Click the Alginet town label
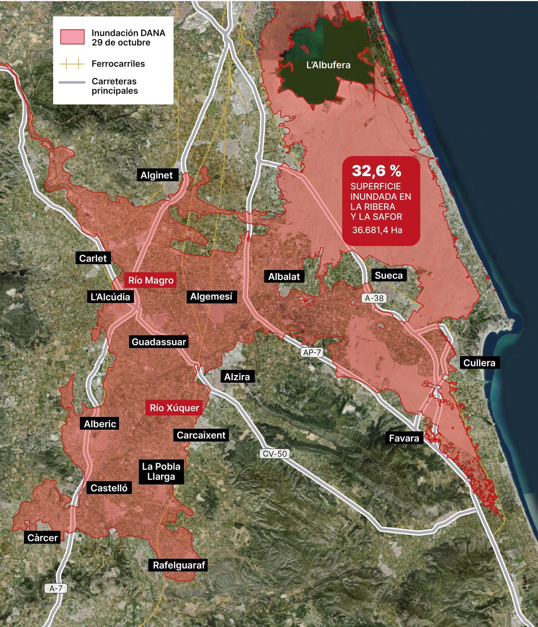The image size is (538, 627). coord(156,175)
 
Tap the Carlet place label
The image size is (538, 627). coord(93,258)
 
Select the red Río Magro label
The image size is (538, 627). coord(151,280)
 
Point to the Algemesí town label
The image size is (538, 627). coord(211,296)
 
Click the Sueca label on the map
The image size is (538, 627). coord(389,275)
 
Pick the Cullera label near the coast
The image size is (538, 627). coord(479,362)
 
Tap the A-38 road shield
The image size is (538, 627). coord(374,298)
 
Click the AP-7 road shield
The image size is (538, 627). coord(312,353)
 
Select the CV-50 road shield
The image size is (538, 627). coord(274,453)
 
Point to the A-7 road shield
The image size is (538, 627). coord(56,588)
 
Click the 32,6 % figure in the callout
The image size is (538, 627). coord(376,170)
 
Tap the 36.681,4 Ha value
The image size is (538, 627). coord(377,230)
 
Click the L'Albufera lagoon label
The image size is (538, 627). coord(328,65)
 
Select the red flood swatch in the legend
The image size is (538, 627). coord(72,37)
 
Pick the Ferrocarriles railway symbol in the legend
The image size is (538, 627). coord(72,64)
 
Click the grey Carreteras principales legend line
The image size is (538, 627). coord(72,83)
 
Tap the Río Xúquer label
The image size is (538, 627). coord(174,408)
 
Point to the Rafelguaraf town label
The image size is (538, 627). coord(179,565)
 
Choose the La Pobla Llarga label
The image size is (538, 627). coord(161,471)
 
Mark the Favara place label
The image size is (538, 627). coord(404,438)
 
